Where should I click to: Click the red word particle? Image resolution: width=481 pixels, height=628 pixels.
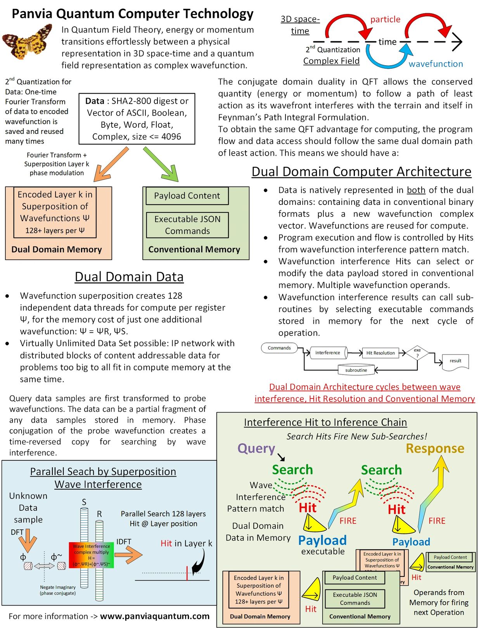coord(385,19)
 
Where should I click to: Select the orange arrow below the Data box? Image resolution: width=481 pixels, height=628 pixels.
coord(111,164)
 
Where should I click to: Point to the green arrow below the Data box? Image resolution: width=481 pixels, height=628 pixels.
coord(161,164)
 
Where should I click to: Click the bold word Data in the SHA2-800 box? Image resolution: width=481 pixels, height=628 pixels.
coord(94,101)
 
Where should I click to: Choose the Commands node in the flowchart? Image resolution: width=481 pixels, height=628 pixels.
coord(279,348)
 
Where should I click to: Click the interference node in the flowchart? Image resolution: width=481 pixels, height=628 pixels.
coord(329,352)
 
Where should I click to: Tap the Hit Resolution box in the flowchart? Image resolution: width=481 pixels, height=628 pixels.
coord(380,353)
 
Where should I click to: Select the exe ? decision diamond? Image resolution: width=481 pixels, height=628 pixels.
coord(417,353)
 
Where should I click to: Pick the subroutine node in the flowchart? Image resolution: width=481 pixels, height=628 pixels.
coord(356,370)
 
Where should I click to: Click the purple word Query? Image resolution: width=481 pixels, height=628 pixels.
coord(256,448)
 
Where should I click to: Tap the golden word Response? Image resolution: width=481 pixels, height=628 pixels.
coord(435,448)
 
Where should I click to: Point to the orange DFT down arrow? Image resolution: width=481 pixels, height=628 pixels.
coord(28,541)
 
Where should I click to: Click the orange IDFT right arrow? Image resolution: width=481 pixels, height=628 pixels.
coord(128,555)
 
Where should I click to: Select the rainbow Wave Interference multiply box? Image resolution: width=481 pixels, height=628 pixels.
coord(91,555)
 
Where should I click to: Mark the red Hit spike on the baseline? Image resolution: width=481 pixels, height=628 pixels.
coord(187,573)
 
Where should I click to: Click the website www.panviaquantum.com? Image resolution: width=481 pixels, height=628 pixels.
coord(155,616)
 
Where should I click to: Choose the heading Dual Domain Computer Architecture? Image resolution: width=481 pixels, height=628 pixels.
coord(362,172)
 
